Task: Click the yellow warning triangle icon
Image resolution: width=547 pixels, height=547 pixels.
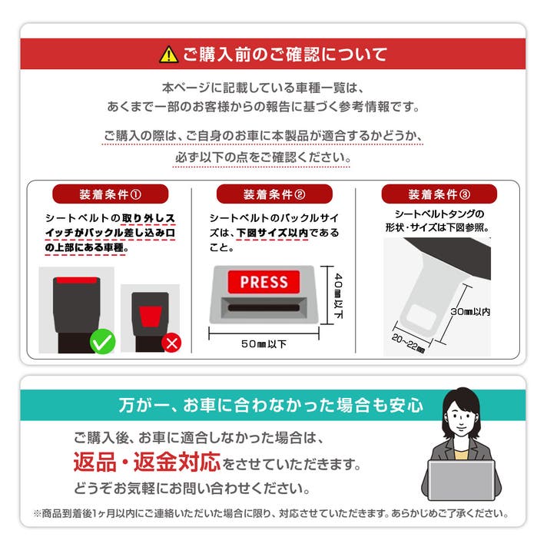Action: pyautogui.click(x=168, y=55)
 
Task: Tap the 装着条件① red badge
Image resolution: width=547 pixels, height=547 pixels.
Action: pyautogui.click(x=110, y=194)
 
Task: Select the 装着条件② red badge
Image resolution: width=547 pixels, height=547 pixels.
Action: pyautogui.click(x=274, y=194)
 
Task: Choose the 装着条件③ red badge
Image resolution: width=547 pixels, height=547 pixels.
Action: pyautogui.click(x=439, y=194)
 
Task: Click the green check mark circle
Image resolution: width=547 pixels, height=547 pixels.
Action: pyautogui.click(x=103, y=342)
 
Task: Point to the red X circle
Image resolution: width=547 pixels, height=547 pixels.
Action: pyautogui.click(x=171, y=343)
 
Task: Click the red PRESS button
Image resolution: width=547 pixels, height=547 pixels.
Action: pyautogui.click(x=264, y=282)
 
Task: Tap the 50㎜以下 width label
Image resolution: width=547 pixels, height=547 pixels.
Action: pyautogui.click(x=264, y=344)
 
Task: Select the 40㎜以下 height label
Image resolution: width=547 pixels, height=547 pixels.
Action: pyautogui.click(x=338, y=296)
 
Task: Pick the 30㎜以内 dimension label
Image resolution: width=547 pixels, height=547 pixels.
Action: pyautogui.click(x=470, y=311)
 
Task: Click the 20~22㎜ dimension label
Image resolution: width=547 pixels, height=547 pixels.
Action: pyautogui.click(x=408, y=343)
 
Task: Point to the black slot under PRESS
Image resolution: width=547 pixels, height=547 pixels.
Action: pyautogui.click(x=264, y=307)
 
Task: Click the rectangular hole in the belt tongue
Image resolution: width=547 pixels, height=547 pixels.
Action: pyautogui.click(x=422, y=317)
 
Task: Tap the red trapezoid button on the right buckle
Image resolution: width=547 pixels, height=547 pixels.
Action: pyautogui.click(x=151, y=317)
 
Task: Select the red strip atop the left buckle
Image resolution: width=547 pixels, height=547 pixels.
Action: pyautogui.click(x=77, y=280)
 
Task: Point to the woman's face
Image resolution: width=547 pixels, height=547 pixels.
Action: pyautogui.click(x=461, y=418)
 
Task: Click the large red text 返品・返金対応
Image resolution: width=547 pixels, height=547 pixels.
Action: pyautogui.click(x=147, y=462)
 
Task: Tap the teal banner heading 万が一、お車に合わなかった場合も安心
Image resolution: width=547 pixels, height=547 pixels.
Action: pyautogui.click(x=270, y=406)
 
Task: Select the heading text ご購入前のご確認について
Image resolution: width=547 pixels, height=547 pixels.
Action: pyautogui.click(x=285, y=55)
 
